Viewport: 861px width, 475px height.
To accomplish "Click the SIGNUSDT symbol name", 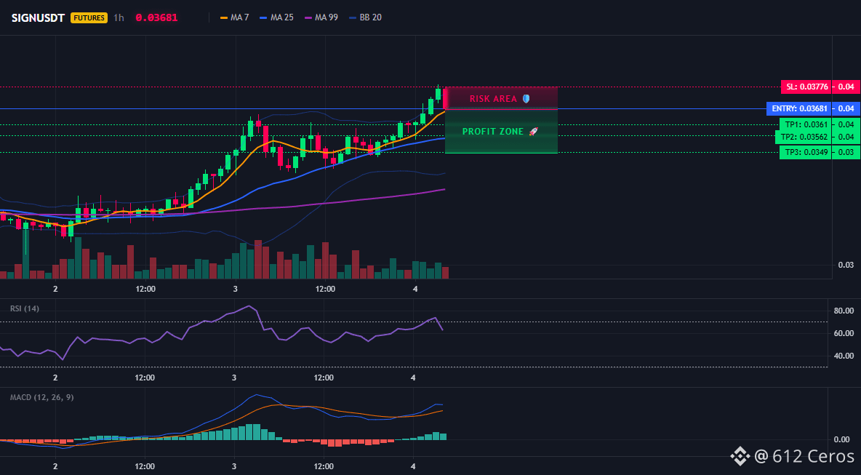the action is (x=38, y=17).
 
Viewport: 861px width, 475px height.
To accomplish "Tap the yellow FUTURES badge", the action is (x=89, y=17).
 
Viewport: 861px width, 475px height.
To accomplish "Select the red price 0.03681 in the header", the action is (x=156, y=17).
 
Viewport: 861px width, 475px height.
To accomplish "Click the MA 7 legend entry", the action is (x=234, y=17).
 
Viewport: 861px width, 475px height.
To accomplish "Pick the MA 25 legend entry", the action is (x=276, y=17).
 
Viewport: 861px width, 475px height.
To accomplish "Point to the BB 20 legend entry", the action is (x=364, y=17).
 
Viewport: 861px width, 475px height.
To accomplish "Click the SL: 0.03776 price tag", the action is (x=806, y=87).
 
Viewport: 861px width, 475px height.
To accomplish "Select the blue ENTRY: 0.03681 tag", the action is (x=798, y=108).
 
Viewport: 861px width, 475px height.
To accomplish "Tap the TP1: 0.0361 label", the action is (x=806, y=124).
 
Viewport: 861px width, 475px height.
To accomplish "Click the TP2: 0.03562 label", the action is (x=804, y=137).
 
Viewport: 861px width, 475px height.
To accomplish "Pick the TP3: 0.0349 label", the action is (x=805, y=152).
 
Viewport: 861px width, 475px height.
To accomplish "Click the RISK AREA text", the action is (x=493, y=99).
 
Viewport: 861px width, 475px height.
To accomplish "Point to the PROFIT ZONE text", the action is (x=493, y=132).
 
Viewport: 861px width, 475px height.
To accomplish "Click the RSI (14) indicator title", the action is (x=25, y=308).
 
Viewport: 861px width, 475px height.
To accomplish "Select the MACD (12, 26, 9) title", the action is (x=41, y=397).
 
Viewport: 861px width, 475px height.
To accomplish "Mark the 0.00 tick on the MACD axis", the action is (x=842, y=439).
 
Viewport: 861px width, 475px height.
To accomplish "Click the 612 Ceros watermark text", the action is (x=804, y=456).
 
